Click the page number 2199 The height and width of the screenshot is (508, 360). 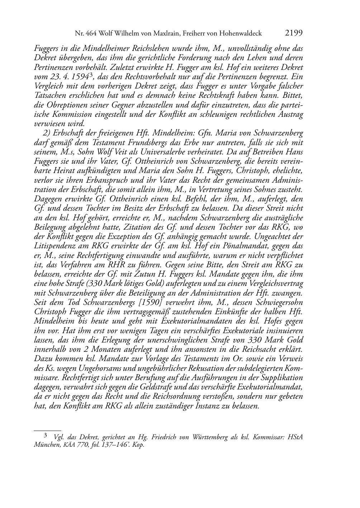coord(294,33)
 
